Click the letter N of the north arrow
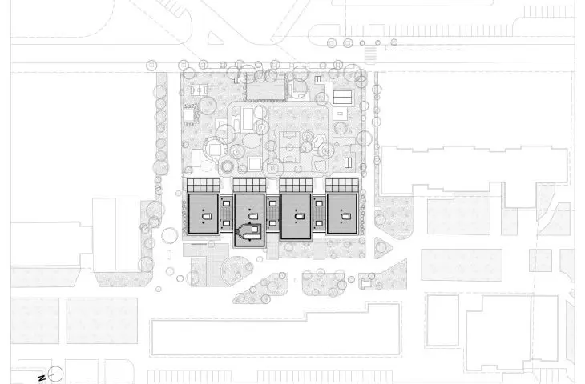[x=42, y=378]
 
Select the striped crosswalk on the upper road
[x=370, y=54]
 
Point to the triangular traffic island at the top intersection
[x=215, y=38]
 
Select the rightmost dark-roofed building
[x=342, y=214]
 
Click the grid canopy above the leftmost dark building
[x=204, y=185]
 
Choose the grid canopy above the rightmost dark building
[x=342, y=185]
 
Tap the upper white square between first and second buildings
[x=227, y=204]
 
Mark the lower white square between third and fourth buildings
[x=319, y=223]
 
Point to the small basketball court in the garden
[x=198, y=90]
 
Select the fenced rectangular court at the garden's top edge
[x=265, y=87]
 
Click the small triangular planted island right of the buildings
[x=381, y=247]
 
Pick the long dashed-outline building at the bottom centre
[x=276, y=330]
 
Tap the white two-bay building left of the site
[x=116, y=234]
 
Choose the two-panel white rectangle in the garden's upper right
[x=342, y=98]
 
